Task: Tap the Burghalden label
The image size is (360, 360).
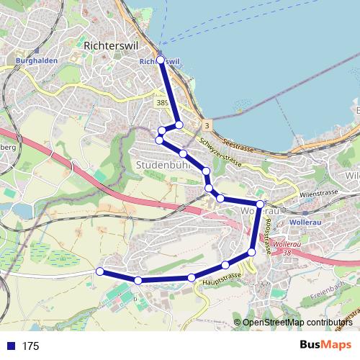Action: tap(30, 62)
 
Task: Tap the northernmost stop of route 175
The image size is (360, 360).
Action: tap(161, 60)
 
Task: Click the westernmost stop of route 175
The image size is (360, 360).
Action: tap(100, 271)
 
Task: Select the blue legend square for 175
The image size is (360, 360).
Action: tap(10, 346)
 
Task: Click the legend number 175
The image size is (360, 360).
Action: tap(30, 346)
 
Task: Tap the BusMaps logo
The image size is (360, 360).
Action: tap(325, 345)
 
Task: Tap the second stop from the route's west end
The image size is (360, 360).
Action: tap(138, 279)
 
